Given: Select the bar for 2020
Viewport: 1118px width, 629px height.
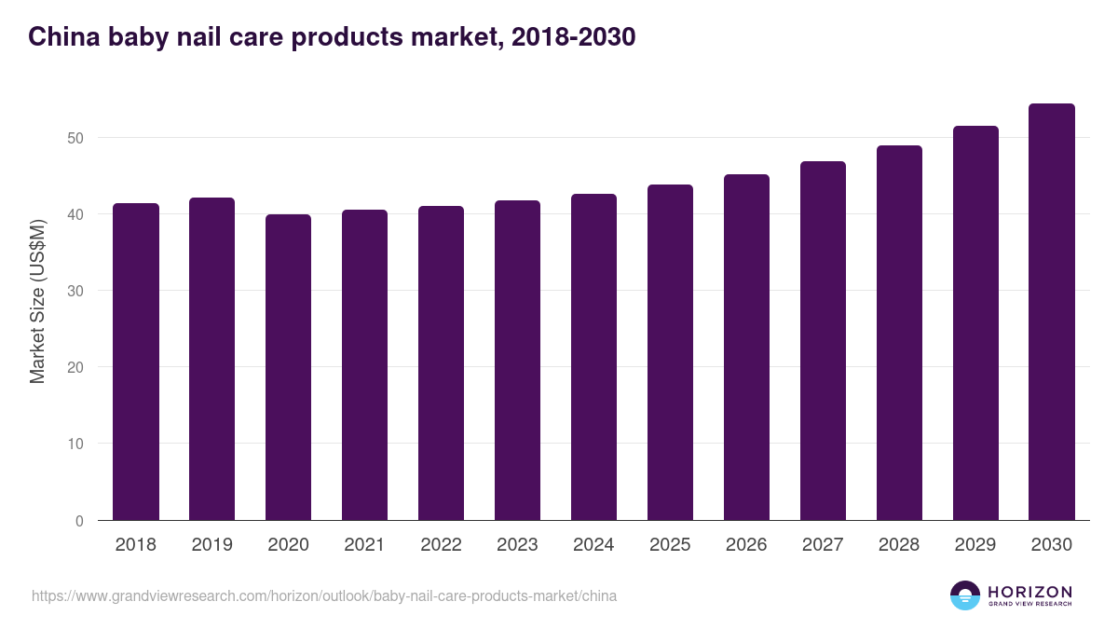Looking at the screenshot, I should click(289, 367).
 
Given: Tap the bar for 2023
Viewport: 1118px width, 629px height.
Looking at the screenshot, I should click(517, 361).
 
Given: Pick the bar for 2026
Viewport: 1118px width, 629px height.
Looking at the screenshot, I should click(746, 348).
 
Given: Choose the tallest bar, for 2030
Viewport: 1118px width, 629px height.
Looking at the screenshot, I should click(1052, 312).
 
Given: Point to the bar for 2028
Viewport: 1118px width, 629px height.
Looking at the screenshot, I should click(899, 333).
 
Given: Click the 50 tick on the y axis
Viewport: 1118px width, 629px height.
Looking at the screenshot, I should click(75, 138).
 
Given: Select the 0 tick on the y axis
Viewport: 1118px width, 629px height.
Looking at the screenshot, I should click(79, 521).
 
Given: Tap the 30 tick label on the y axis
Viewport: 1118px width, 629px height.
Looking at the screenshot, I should click(75, 291).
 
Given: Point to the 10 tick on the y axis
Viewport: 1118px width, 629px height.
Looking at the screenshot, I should click(75, 444).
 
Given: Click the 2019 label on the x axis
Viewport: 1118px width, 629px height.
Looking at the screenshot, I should click(212, 545).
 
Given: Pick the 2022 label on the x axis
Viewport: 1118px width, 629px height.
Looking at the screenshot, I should click(441, 545).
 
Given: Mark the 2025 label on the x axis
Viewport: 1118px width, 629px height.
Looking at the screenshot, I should click(670, 545).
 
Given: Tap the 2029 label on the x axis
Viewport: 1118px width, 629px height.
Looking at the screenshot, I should click(975, 545).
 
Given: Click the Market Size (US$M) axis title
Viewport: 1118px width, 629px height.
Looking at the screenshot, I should click(37, 301).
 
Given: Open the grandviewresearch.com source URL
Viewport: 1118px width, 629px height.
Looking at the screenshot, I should click(323, 595).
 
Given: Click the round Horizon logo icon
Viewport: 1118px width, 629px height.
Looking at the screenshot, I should click(964, 595).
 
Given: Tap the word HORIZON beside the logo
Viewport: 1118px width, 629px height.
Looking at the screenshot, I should click(1029, 591).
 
